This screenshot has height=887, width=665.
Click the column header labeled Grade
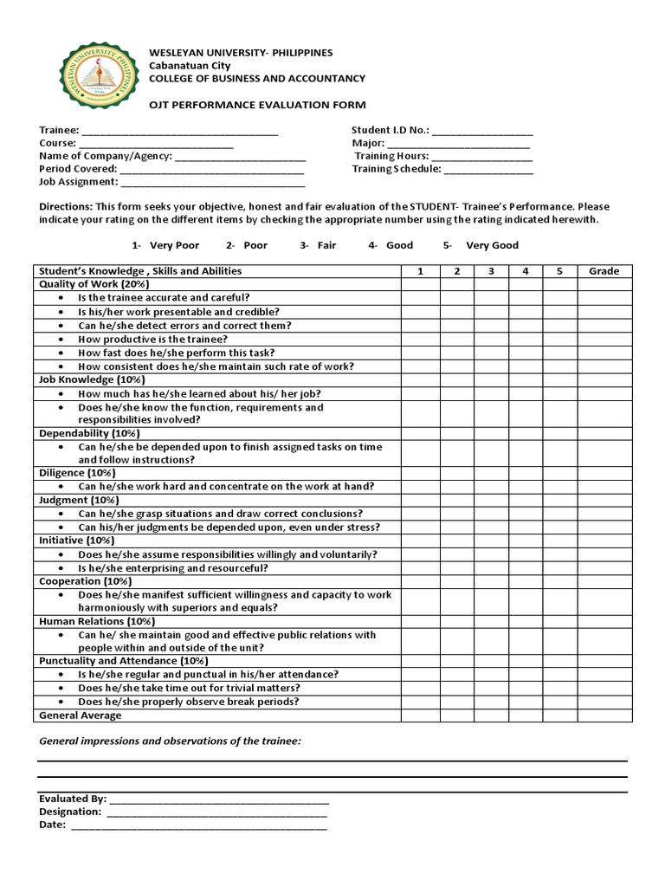(x=604, y=271)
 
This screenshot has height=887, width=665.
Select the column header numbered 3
(x=491, y=271)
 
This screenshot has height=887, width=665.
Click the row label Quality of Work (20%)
(x=94, y=284)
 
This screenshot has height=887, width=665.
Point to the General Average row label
(x=81, y=715)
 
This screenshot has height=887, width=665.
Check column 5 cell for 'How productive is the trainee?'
(x=560, y=340)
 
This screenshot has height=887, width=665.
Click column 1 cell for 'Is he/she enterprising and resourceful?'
(x=420, y=568)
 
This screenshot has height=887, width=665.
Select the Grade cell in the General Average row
(x=604, y=715)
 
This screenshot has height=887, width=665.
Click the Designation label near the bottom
(x=70, y=813)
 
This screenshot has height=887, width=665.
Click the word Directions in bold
(x=65, y=207)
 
